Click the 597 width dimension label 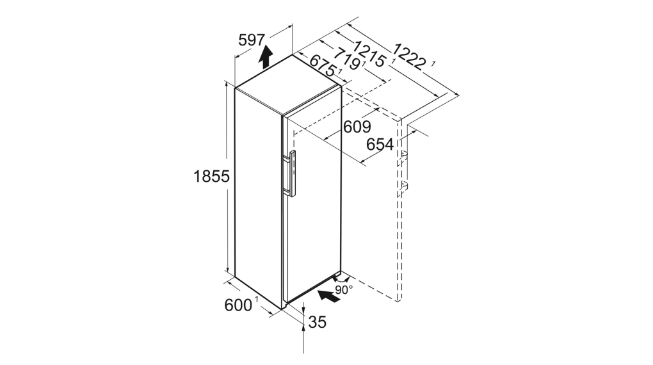(x=252, y=40)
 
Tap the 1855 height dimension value (x=211, y=177)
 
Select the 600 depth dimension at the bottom (x=238, y=305)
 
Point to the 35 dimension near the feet (x=318, y=321)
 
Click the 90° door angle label (x=344, y=289)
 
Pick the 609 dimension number (x=357, y=127)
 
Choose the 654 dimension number (x=380, y=145)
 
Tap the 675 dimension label (x=323, y=65)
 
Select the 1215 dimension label (x=370, y=53)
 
